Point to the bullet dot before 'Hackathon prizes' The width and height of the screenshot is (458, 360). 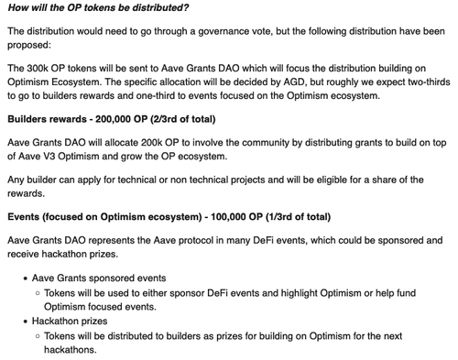point(24,322)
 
